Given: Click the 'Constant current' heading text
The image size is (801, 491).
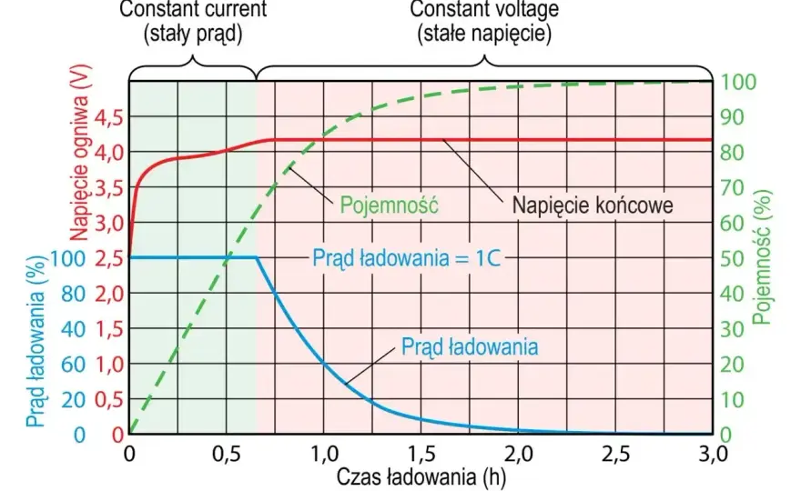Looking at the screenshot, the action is pyautogui.click(x=193, y=9).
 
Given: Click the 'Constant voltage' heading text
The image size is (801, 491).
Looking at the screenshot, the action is pyautogui.click(x=483, y=9).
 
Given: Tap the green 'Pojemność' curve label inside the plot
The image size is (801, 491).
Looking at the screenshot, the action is pyautogui.click(x=390, y=205).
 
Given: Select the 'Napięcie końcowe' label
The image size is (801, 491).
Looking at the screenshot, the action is pyautogui.click(x=593, y=205).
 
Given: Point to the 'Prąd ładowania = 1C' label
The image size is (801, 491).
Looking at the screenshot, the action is pyautogui.click(x=407, y=257).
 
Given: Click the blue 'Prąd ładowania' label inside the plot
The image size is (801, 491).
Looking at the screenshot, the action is pyautogui.click(x=470, y=347).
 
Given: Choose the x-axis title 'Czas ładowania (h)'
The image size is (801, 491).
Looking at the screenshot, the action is pyautogui.click(x=421, y=477).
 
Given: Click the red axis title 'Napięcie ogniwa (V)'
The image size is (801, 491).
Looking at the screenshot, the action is pyautogui.click(x=79, y=152).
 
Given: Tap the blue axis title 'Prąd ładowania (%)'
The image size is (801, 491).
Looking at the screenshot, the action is pyautogui.click(x=35, y=340).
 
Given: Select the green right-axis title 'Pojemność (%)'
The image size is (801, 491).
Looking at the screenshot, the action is pyautogui.click(x=762, y=257).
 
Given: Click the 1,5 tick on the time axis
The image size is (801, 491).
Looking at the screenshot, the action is pyautogui.click(x=421, y=454).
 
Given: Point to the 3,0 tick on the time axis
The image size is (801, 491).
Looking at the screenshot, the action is pyautogui.click(x=713, y=454).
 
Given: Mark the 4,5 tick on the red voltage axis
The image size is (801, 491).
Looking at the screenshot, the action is pyautogui.click(x=109, y=118).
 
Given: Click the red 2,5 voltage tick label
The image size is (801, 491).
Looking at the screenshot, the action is pyautogui.click(x=109, y=259).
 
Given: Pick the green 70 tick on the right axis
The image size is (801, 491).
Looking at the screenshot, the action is pyautogui.click(x=732, y=188).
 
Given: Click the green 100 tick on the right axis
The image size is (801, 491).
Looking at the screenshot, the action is pyautogui.click(x=737, y=82).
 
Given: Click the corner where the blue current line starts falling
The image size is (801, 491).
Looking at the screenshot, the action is pyautogui.click(x=257, y=257).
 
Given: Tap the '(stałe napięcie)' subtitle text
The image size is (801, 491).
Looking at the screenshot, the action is pyautogui.click(x=484, y=35).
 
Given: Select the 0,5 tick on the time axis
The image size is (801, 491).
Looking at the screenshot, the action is pyautogui.click(x=227, y=454).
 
